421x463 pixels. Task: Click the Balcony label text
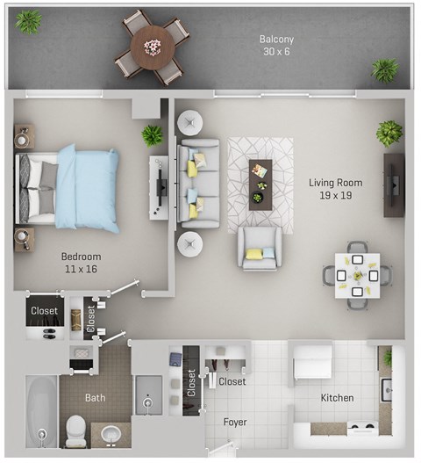(x=276, y=39)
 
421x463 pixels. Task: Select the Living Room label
(x=335, y=183)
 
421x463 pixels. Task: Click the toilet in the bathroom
(x=77, y=427)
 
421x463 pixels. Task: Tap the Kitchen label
(x=337, y=398)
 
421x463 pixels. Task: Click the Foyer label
(x=234, y=423)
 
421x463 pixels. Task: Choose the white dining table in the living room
(x=357, y=275)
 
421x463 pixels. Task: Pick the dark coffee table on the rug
(x=260, y=183)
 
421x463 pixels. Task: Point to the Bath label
(x=95, y=398)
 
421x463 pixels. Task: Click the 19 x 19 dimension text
(x=335, y=196)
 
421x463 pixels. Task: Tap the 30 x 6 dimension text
(x=276, y=52)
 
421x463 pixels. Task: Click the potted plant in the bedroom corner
(x=153, y=135)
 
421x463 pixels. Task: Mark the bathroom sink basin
(x=111, y=433)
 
